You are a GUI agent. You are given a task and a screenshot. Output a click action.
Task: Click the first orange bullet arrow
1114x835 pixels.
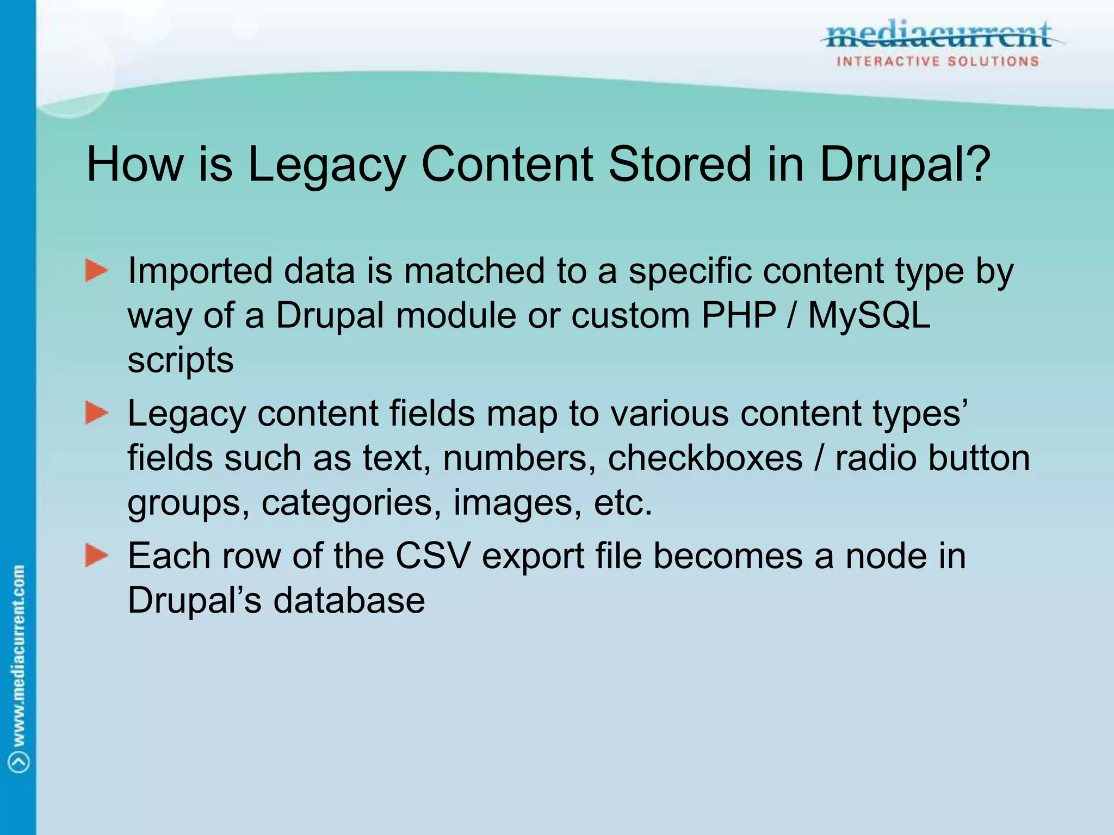(97, 271)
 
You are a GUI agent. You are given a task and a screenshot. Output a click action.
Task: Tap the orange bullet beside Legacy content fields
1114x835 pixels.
(97, 414)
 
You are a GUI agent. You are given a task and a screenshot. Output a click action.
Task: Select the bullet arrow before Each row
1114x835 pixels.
(97, 556)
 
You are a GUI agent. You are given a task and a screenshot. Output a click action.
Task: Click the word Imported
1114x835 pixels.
(200, 272)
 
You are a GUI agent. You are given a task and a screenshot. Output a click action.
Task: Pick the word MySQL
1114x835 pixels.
(869, 315)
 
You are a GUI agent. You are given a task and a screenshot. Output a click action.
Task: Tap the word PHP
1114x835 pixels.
(739, 315)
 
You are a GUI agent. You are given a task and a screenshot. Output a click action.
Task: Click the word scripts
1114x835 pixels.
(181, 361)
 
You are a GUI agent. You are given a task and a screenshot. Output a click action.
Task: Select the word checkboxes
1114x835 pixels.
(705, 458)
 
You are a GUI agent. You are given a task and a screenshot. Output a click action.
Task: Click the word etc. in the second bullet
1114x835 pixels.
(623, 503)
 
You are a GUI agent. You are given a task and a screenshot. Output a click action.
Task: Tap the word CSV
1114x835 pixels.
(432, 557)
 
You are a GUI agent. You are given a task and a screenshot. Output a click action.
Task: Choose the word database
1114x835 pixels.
(349, 601)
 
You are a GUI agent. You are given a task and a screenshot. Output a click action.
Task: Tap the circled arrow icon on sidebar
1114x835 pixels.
(19, 761)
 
